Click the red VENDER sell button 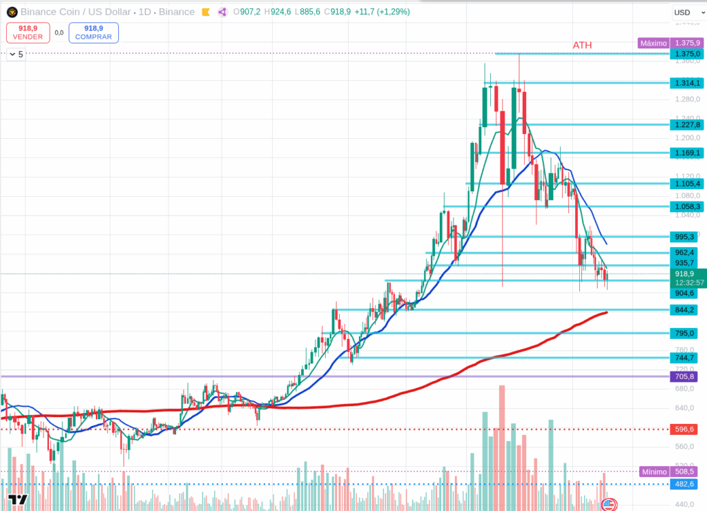point(28,32)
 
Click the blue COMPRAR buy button point(93,32)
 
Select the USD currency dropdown point(685,12)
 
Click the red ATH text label point(582,46)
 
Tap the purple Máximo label point(653,43)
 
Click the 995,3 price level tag point(684,236)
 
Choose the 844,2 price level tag point(684,309)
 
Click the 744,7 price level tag point(684,358)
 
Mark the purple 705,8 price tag point(684,376)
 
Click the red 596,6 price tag point(684,429)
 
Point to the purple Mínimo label point(653,472)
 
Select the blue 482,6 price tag point(684,484)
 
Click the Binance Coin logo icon point(12,12)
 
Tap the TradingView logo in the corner point(17,500)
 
